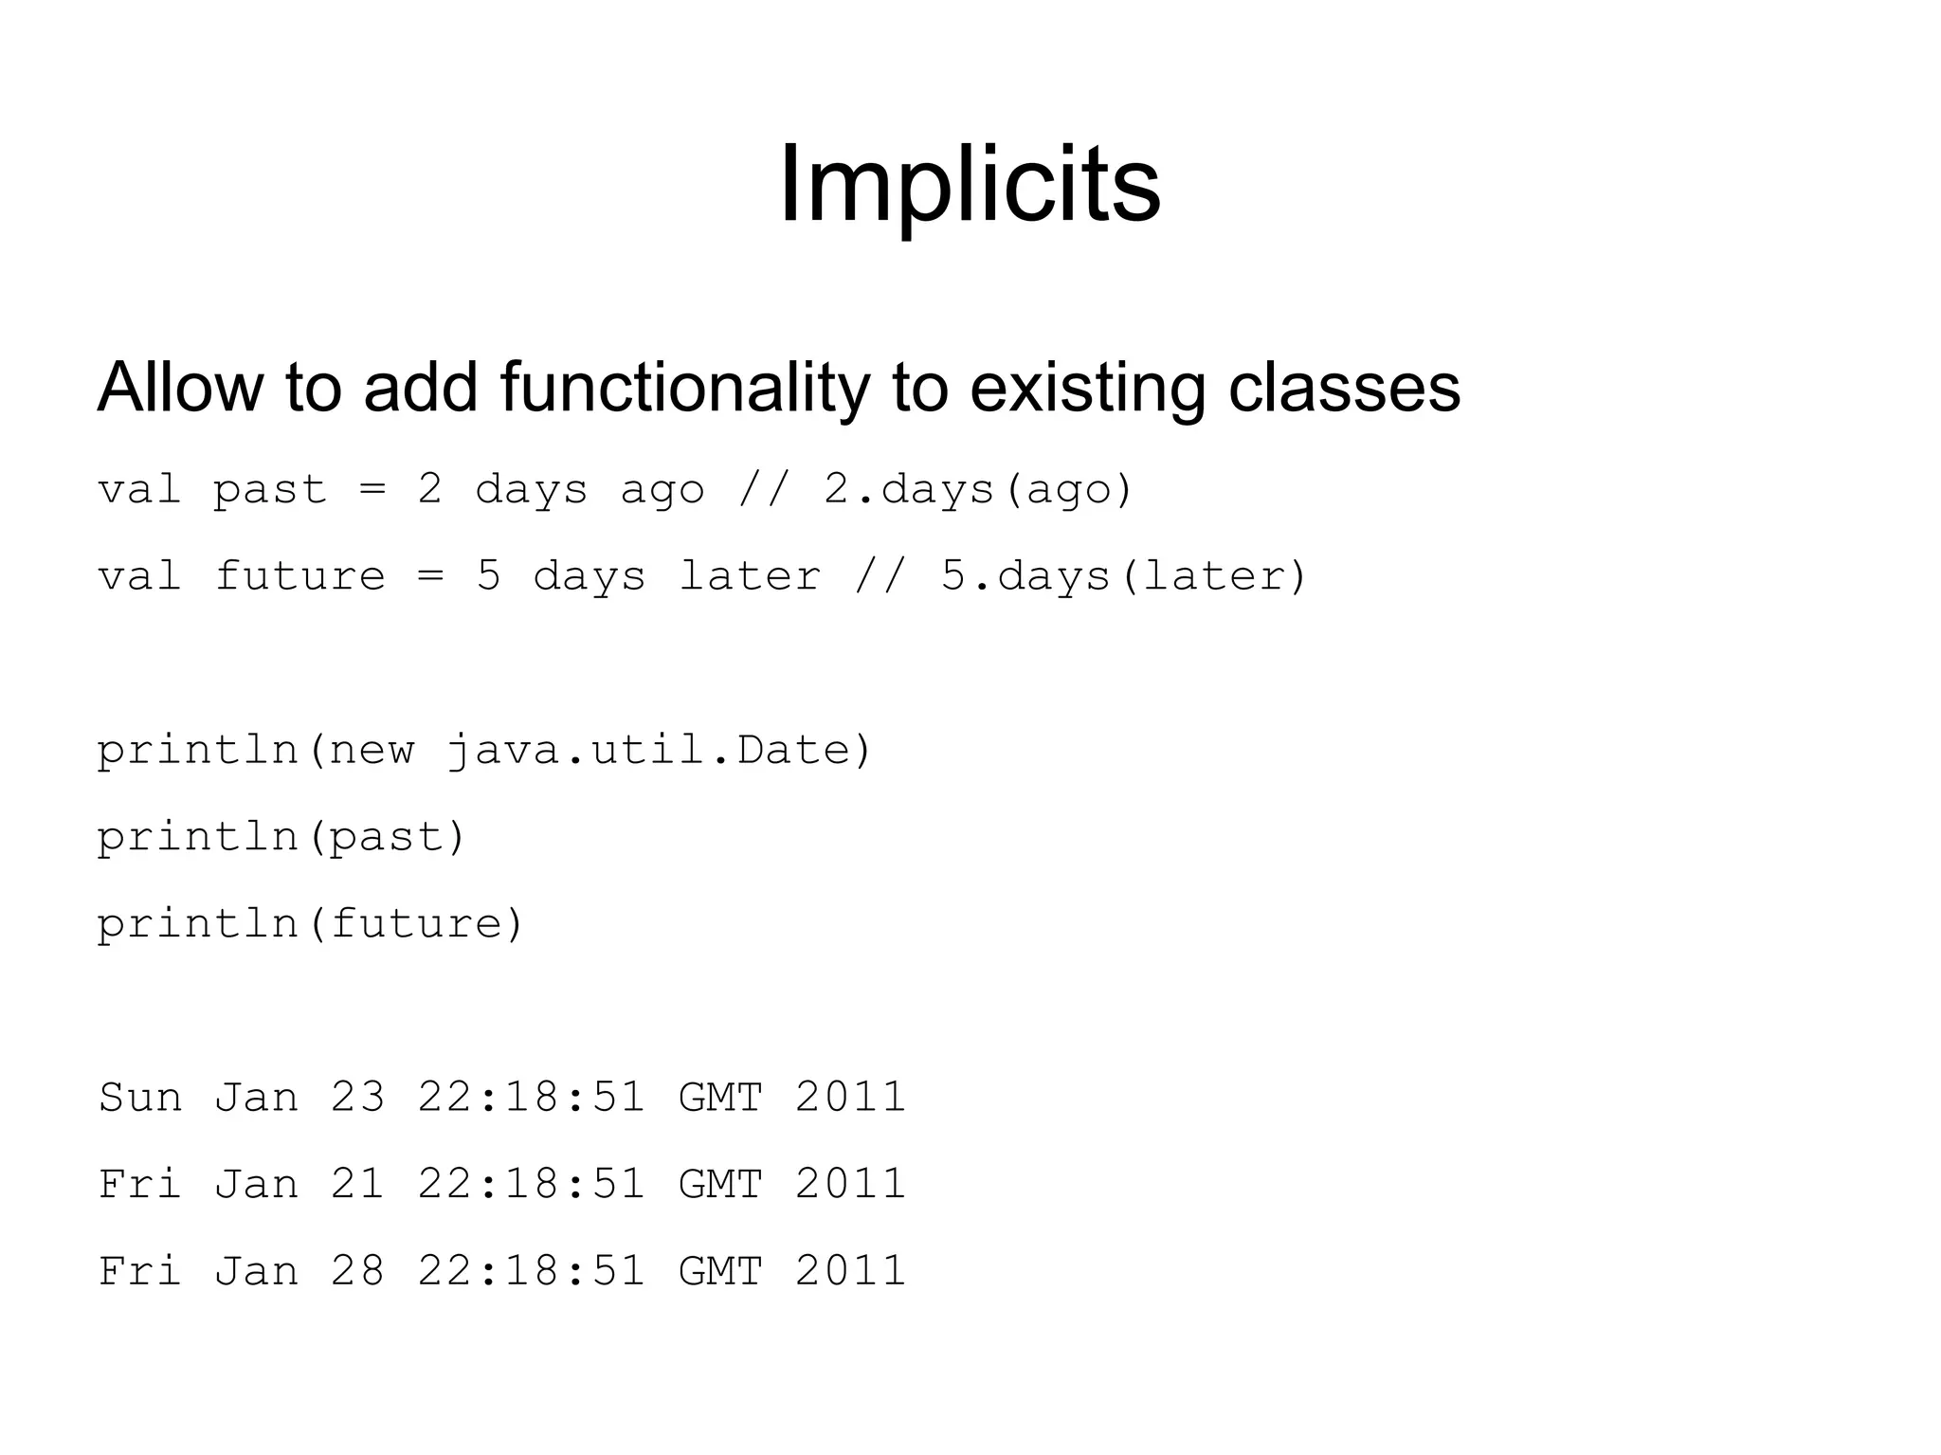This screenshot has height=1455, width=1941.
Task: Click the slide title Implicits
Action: (970, 184)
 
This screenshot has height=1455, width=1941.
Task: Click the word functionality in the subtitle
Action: (684, 388)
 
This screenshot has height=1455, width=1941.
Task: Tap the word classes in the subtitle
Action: (1344, 388)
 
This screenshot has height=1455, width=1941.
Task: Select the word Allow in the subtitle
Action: (180, 388)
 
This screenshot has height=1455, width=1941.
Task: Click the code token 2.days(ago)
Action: (978, 490)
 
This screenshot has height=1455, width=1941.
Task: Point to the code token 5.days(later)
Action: (1124, 577)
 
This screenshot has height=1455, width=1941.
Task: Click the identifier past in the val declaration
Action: (269, 490)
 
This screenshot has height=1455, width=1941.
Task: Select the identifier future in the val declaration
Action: (299, 577)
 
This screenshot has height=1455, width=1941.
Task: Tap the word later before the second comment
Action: (750, 577)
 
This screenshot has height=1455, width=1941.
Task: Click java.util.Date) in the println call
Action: (658, 751)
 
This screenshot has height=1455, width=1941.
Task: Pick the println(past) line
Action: (281, 838)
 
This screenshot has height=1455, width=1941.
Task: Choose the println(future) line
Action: (310, 924)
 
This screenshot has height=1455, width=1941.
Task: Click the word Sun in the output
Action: (140, 1098)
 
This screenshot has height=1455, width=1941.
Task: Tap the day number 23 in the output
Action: (357, 1098)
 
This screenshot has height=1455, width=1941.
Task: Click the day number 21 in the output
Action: (357, 1185)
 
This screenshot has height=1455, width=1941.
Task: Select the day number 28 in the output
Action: (357, 1271)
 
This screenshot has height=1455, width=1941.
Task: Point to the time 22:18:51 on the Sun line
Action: (532, 1098)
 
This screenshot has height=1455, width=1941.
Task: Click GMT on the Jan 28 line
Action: (720, 1271)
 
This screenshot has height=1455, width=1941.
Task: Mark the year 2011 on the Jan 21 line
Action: (850, 1185)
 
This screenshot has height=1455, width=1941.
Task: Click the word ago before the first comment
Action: (662, 490)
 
